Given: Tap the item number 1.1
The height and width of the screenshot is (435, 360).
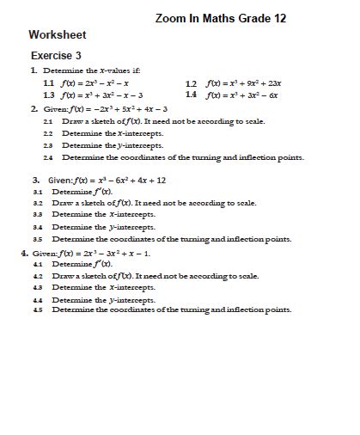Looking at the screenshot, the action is click(48, 83).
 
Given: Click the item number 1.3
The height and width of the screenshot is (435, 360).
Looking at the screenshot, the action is click(48, 95).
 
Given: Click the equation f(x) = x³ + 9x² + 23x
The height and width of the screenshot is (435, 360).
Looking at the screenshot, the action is click(249, 83).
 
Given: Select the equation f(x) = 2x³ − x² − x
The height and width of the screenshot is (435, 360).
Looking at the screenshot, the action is click(95, 83).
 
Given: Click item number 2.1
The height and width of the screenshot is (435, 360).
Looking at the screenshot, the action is click(48, 122).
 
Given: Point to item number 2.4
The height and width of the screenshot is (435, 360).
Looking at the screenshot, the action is click(48, 158).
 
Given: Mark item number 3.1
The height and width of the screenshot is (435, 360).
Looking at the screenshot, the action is click(38, 193).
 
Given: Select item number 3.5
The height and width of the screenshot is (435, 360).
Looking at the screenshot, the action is click(38, 239).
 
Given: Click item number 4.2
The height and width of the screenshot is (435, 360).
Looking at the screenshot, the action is click(38, 277).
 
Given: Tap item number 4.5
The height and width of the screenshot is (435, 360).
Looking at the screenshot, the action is click(38, 309).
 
